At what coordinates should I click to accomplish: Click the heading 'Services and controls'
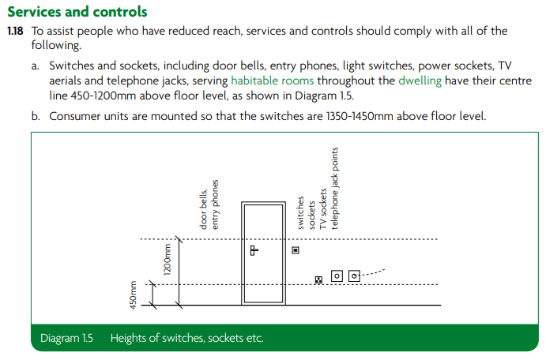[77, 12]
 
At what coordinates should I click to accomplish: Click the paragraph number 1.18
[15, 31]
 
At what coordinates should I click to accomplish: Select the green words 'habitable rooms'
[273, 81]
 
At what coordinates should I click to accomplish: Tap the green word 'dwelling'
[420, 81]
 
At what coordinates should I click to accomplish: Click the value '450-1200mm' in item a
[104, 96]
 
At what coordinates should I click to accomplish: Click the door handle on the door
[254, 250]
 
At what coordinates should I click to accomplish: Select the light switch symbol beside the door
[296, 250]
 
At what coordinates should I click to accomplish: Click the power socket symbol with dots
[318, 279]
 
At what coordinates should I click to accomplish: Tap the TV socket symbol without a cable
[337, 276]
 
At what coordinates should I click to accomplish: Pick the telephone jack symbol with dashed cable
[354, 276]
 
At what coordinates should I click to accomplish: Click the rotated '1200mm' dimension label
[168, 260]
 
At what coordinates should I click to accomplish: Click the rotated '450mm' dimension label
[134, 295]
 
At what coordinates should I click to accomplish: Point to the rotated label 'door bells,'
[203, 209]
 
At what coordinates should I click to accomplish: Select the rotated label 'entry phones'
[215, 204]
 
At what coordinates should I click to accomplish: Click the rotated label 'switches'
[300, 213]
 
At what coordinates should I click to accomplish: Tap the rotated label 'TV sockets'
[323, 209]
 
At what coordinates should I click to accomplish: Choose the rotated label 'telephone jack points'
[335, 189]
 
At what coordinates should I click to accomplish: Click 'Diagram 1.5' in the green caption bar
[66, 338]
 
